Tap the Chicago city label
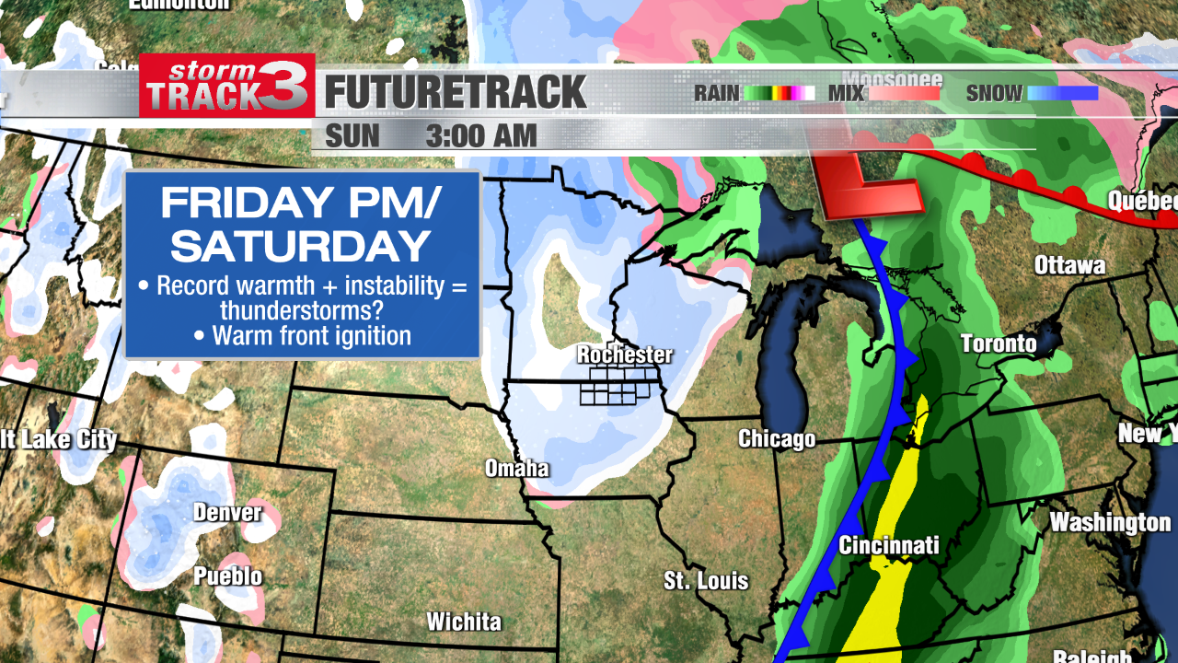(777, 439)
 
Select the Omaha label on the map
(517, 469)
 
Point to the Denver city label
(227, 512)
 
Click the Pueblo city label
(227, 576)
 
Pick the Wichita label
(464, 622)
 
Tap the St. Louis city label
(706, 581)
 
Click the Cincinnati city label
(888, 545)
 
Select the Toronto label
(999, 344)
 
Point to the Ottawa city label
(1069, 266)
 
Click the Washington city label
(1110, 522)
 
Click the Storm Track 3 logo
(226, 86)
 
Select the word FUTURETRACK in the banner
(456, 92)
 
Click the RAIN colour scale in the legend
(780, 93)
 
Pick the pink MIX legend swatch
(905, 93)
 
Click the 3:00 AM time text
(481, 136)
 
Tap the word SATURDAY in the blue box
(302, 246)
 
